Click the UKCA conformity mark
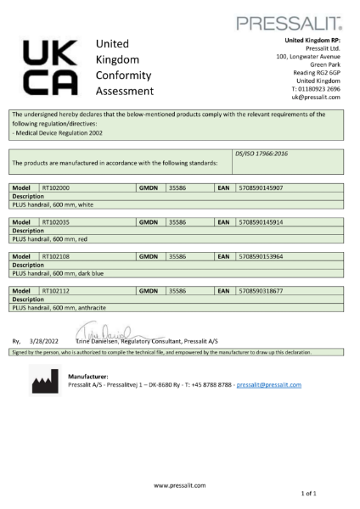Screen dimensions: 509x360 [x=50, y=67]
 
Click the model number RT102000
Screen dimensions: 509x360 [x=56, y=187]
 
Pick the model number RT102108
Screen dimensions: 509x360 [x=56, y=256]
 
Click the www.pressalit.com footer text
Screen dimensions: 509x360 [x=179, y=484]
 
